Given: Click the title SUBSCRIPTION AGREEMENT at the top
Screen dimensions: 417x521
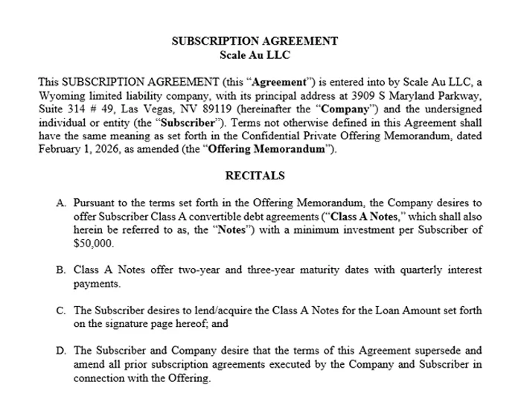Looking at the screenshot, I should click(255, 42).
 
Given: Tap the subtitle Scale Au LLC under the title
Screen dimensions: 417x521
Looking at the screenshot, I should click(255, 54).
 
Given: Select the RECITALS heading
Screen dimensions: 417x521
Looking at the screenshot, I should click(255, 176).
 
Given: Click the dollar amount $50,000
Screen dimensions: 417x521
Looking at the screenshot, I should click(93, 243).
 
